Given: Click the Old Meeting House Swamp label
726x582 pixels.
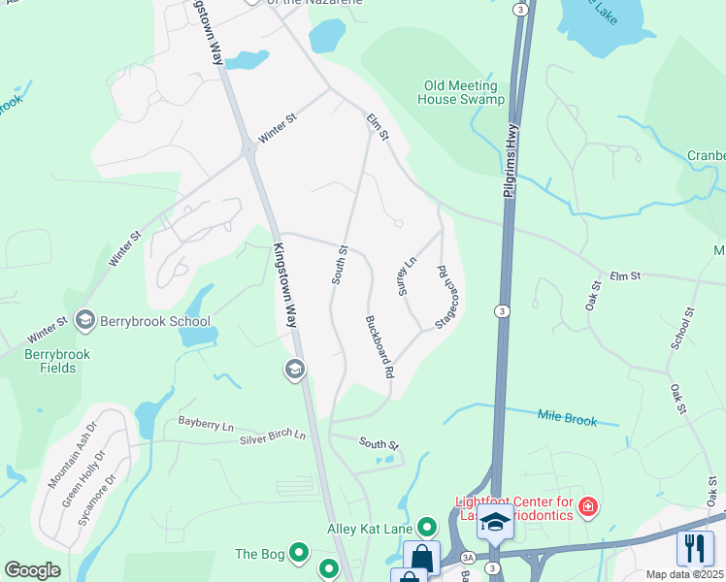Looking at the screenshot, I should [461, 92].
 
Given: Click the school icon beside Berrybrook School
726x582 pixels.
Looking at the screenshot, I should [84, 320].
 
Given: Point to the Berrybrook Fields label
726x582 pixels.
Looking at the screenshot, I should [57, 361].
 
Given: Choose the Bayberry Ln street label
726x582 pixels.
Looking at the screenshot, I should [206, 424].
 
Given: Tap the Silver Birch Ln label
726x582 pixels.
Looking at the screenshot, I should [273, 436].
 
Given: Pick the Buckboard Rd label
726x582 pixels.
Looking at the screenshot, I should [379, 346].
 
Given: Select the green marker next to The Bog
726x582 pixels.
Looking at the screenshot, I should [299, 554].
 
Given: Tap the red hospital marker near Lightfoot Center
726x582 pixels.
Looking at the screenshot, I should [586, 506].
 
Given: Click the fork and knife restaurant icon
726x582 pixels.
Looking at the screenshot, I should [695, 548].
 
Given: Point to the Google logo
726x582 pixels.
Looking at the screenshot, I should [32, 570].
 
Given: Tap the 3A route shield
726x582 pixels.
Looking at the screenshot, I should [468, 558].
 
